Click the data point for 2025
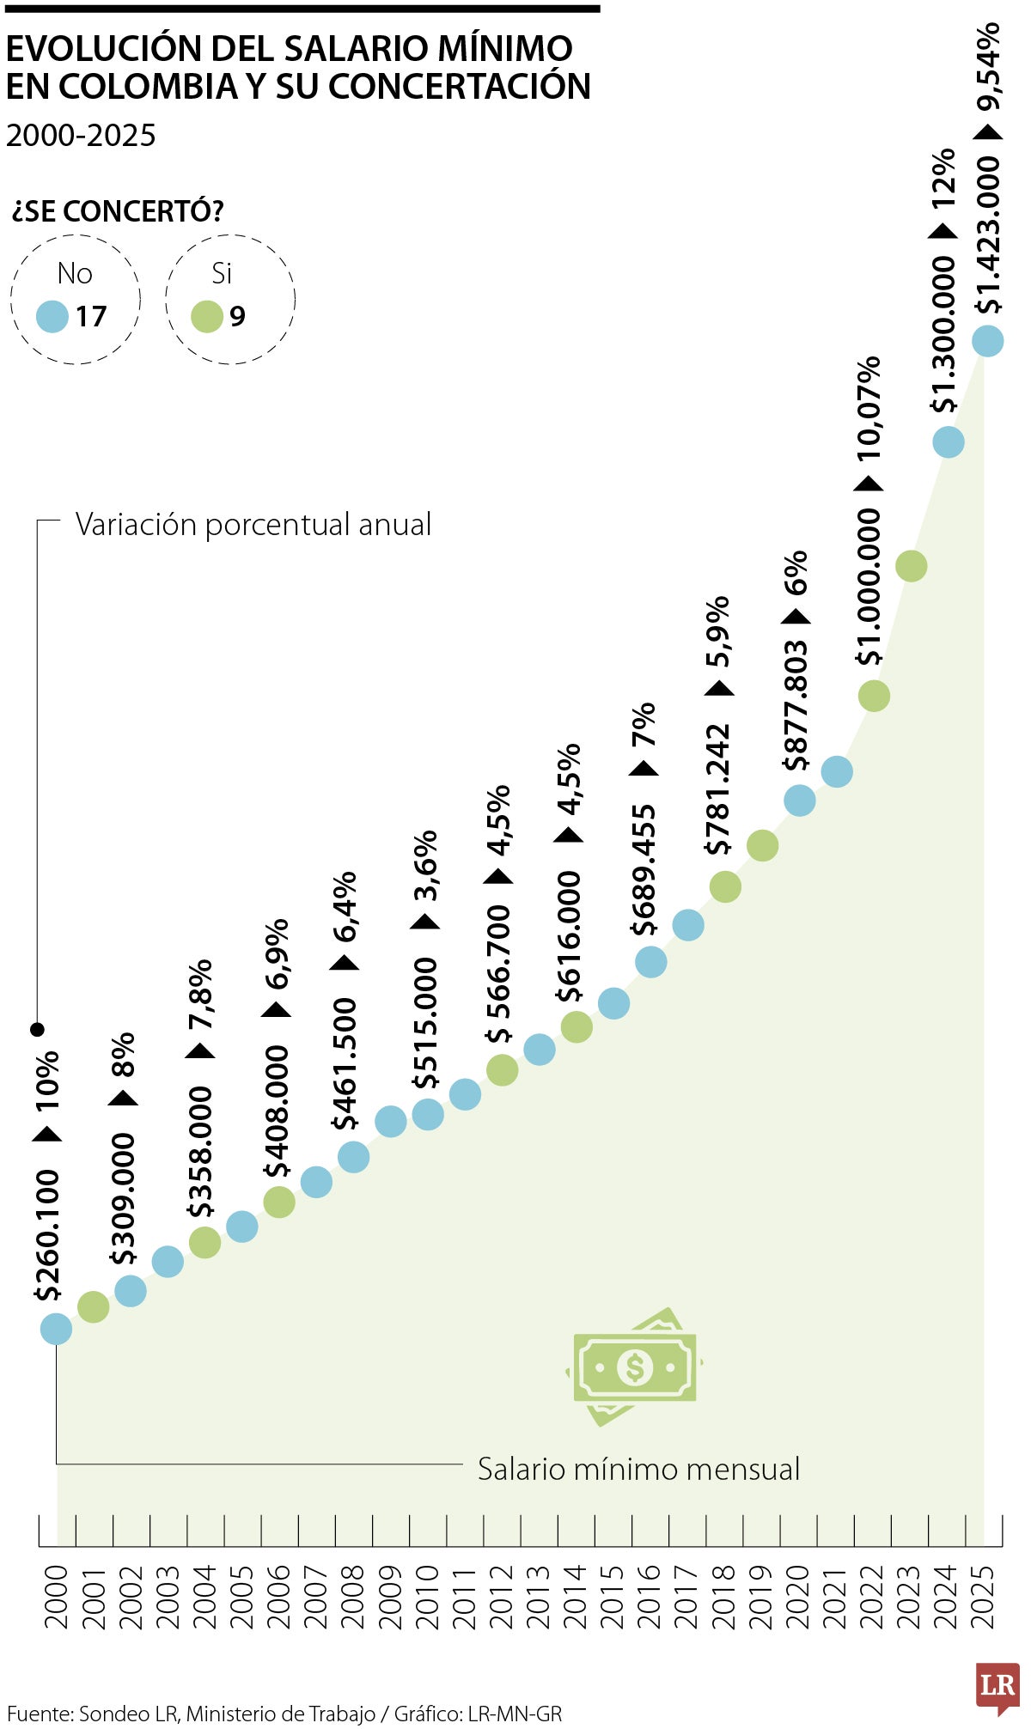[x=987, y=340]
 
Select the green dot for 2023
[x=911, y=566]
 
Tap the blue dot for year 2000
[x=56, y=1329]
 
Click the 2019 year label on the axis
[x=761, y=1597]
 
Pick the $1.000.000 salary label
[x=869, y=587]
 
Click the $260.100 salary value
[x=47, y=1235]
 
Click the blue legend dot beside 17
[x=52, y=317]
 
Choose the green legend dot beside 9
[x=207, y=317]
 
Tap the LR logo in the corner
[x=997, y=1687]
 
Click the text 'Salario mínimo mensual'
[x=638, y=1470]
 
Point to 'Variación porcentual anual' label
[x=253, y=525]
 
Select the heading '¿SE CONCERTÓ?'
[x=118, y=211]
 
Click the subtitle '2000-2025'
[x=81, y=136]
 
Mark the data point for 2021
[x=837, y=771]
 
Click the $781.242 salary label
[x=717, y=789]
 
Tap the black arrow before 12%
[x=943, y=230]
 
